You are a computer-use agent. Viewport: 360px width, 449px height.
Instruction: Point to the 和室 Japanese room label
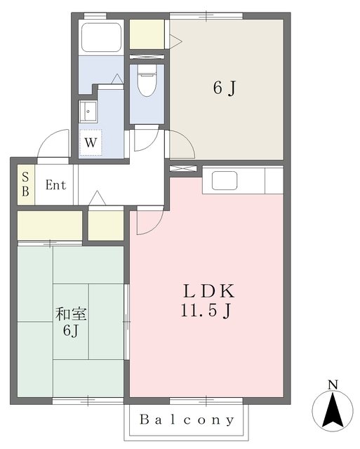click(x=69, y=314)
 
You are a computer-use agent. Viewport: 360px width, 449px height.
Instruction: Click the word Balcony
click(x=187, y=420)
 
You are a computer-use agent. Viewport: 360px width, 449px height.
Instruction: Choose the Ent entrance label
click(x=56, y=186)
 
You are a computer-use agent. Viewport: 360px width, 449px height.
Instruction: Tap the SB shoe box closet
click(x=25, y=185)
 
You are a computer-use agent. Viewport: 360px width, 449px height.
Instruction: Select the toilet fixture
click(x=147, y=83)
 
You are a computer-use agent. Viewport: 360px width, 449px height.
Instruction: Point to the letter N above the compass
click(x=333, y=384)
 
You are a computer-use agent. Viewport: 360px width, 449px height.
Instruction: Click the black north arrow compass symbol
click(x=333, y=410)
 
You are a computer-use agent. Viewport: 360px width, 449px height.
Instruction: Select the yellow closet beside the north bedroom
click(x=147, y=34)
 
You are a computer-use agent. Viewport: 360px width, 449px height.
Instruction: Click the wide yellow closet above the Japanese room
click(x=49, y=224)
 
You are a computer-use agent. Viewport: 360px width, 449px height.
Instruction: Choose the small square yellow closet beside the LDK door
click(x=106, y=224)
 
